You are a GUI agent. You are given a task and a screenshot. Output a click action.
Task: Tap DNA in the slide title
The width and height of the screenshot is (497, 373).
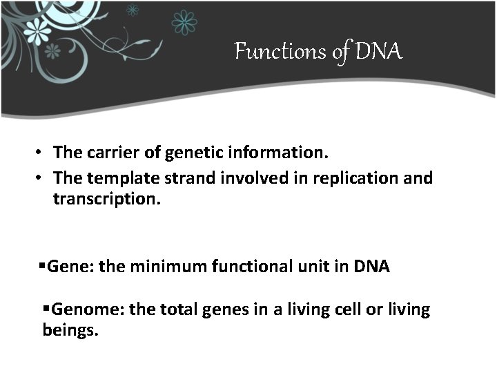pyautogui.click(x=379, y=51)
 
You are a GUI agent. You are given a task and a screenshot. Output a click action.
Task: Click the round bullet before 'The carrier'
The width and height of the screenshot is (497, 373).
pyautogui.click(x=41, y=152)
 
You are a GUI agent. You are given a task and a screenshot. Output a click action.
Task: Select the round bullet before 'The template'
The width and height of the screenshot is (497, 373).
pyautogui.click(x=41, y=179)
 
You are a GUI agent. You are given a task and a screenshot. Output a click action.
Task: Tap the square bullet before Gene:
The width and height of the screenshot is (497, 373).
pyautogui.click(x=43, y=267)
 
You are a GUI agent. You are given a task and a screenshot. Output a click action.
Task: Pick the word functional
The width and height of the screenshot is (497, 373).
pyautogui.click(x=257, y=267)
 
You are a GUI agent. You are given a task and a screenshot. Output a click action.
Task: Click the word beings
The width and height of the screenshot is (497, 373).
pyautogui.click(x=70, y=330)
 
